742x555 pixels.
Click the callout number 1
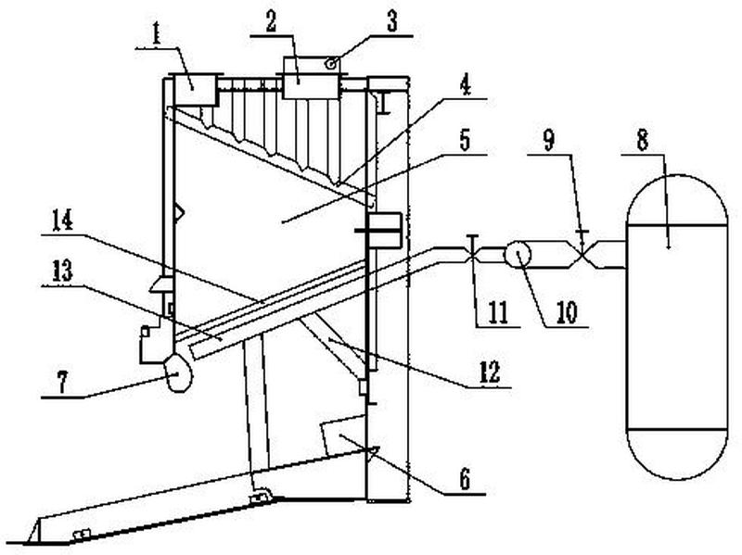coord(156,33)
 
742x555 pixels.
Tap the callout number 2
coord(271,21)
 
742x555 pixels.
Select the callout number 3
coord(392,21)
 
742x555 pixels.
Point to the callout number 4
coord(466,85)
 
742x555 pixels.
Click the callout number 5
coord(466,142)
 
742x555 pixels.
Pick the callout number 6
coord(466,479)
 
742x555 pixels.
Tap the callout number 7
coord(62,382)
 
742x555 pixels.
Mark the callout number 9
coord(548,141)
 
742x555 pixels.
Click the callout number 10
coord(567,313)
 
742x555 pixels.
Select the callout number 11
coord(497,313)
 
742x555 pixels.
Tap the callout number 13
coord(62,271)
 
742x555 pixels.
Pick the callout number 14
coord(62,221)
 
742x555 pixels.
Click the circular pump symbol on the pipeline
coord(518,254)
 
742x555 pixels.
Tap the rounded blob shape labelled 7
coord(177,372)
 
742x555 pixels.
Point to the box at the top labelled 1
coord(197,90)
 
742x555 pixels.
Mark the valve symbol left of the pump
coord(473,251)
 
